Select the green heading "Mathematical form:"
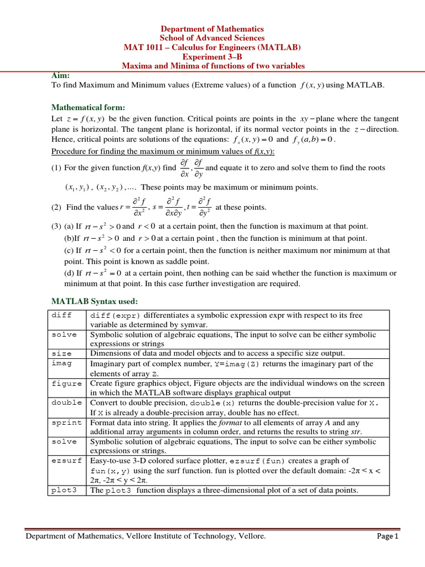(88, 107)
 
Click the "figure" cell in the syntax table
(66, 383)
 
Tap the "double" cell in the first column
(66, 403)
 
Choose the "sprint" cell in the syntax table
(66, 422)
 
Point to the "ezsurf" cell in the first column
(66, 461)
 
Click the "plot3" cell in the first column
(63, 491)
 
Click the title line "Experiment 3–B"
(213, 56)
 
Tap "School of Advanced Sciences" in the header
(213, 38)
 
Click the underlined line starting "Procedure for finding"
(163, 151)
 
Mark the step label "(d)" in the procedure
(70, 273)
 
